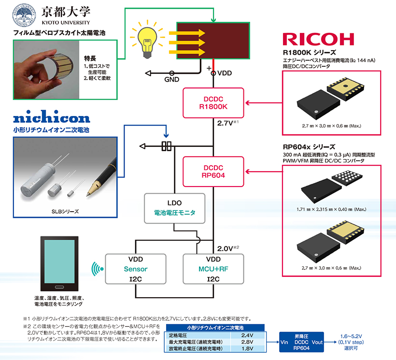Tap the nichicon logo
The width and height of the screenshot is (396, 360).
point(52,118)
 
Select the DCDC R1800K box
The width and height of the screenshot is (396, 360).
point(213,102)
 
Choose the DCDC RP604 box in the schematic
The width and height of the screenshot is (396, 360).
point(213,172)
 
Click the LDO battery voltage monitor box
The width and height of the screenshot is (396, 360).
point(175,208)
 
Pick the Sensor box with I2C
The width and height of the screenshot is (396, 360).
point(136,269)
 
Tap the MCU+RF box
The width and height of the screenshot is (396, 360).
point(213,269)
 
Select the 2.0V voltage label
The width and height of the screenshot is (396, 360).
point(225,248)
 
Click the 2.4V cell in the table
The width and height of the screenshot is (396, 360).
point(247,335)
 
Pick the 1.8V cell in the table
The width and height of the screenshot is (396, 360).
point(247,348)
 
